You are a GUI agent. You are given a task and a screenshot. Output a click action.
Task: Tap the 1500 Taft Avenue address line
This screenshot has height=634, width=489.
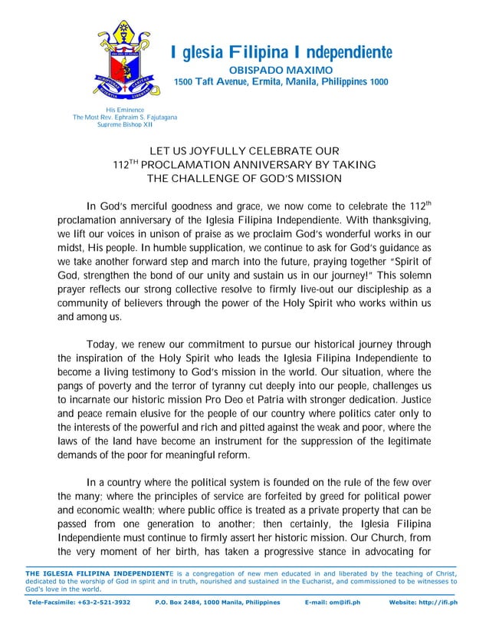281,82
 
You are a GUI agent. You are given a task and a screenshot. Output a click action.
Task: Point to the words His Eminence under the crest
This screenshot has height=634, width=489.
124,111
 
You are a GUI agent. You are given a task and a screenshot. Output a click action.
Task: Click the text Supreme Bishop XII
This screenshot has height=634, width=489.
124,124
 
